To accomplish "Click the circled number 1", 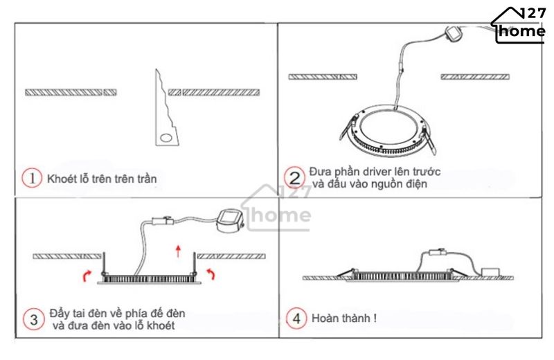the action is click(32, 178).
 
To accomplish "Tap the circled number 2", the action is click(294, 178).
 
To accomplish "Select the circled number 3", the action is click(33, 319).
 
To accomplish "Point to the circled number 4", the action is click(296, 318).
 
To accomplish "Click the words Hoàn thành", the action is click(341, 318).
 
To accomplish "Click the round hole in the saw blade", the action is click(166, 138).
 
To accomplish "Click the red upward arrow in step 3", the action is click(179, 251).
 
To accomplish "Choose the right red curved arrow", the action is click(211, 273).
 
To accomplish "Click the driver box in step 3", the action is click(230, 221).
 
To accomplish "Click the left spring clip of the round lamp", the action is click(348, 127).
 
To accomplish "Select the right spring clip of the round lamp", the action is click(428, 141).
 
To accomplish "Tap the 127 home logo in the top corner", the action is click(519, 25).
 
